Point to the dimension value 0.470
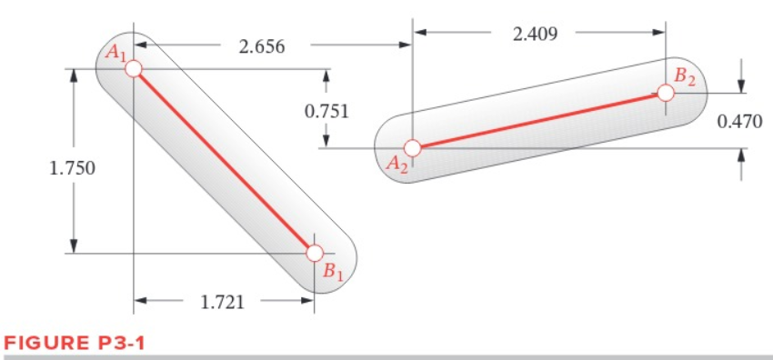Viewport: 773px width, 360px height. click(x=739, y=121)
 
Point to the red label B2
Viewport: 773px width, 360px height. click(x=684, y=77)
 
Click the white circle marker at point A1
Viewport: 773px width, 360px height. click(x=134, y=69)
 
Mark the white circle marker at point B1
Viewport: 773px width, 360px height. click(x=314, y=253)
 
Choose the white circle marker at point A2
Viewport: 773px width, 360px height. click(x=412, y=147)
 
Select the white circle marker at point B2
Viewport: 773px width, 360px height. click(x=666, y=92)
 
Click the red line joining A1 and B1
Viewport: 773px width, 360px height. click(x=224, y=161)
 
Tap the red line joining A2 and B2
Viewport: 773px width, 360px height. click(x=538, y=120)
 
